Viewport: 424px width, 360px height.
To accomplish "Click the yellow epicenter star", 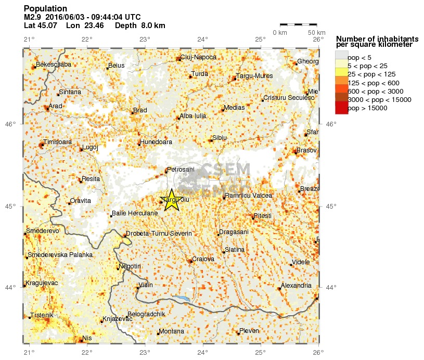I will point(172,200).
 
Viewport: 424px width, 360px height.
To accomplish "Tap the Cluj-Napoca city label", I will point(198,58).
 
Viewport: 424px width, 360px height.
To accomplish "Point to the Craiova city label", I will point(203,259).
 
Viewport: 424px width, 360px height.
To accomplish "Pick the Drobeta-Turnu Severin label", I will point(159,234).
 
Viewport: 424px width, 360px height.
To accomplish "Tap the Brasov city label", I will point(306,150).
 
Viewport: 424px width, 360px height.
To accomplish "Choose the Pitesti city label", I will point(263,215).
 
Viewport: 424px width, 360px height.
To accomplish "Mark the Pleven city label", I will point(248,331).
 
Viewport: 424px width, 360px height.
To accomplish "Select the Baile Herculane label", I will point(135,213).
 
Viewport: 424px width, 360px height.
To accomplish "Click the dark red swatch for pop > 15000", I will point(341,108).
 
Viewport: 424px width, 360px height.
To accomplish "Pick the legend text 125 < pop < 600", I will point(373,83).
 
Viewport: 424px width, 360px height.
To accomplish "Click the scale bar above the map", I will point(298,24).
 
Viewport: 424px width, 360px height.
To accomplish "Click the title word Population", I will point(45,9).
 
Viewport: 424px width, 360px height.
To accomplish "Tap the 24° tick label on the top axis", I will point(202,39).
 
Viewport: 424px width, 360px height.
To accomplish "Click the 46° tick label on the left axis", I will point(11,124).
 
